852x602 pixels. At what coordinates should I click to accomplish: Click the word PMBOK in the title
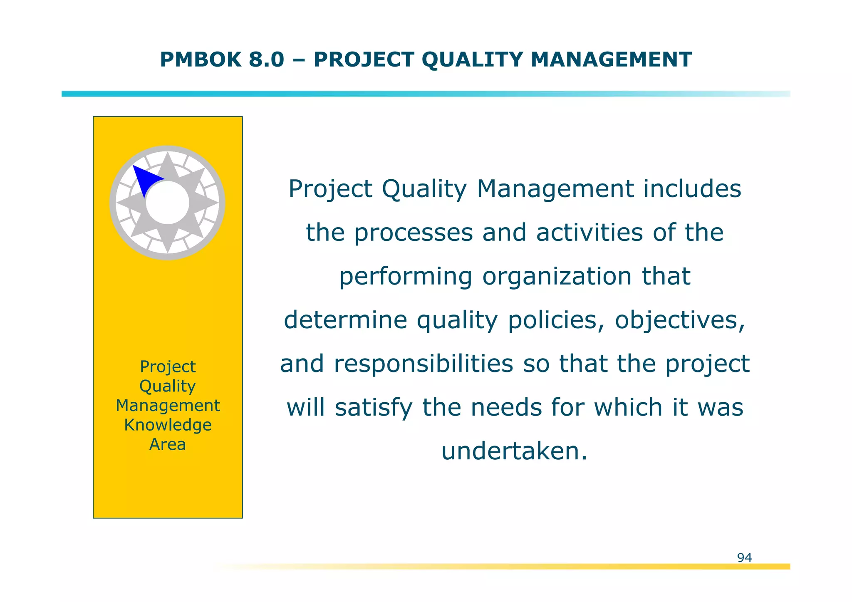(201, 59)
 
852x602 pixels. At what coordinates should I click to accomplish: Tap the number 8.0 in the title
(266, 59)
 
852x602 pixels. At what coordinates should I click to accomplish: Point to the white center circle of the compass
(168, 203)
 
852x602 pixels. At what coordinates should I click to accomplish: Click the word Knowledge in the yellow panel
(168, 425)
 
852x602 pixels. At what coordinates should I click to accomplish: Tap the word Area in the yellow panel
(168, 444)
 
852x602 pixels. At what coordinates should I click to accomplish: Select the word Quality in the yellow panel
(168, 386)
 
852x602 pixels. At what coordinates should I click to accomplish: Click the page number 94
(744, 557)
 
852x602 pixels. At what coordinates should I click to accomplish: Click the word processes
(413, 233)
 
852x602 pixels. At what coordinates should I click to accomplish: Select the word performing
(406, 277)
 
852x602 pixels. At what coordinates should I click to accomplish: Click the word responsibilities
(424, 364)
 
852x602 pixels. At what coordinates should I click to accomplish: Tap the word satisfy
(374, 408)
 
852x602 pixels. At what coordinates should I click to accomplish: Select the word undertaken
(514, 451)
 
